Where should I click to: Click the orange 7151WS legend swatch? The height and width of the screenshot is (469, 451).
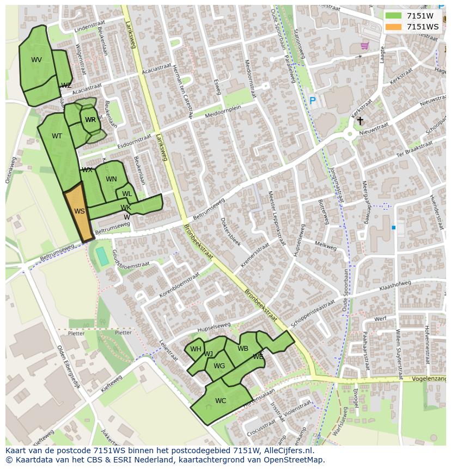click(x=393, y=27)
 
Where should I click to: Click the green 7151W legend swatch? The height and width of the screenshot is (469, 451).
click(x=393, y=16)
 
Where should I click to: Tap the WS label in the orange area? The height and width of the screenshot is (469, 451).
click(x=80, y=211)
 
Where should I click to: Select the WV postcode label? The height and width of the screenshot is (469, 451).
click(x=36, y=60)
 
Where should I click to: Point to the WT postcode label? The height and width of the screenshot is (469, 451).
click(x=57, y=136)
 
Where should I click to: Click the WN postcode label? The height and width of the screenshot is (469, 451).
click(x=111, y=179)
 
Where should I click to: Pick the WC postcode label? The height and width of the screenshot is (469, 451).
click(x=221, y=401)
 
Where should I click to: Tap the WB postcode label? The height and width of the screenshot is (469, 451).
click(x=243, y=349)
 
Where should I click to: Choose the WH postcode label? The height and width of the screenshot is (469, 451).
click(x=196, y=349)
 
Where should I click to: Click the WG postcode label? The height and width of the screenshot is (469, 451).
click(x=219, y=366)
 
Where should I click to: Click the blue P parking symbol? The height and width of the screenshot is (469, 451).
click(x=312, y=101)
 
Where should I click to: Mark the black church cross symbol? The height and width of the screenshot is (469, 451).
click(x=360, y=120)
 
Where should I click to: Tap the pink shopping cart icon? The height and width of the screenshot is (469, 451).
click(x=364, y=46)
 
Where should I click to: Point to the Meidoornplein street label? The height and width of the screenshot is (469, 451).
click(x=223, y=113)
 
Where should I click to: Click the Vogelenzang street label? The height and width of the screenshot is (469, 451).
click(x=429, y=379)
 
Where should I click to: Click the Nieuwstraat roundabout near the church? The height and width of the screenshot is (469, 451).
click(x=350, y=134)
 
